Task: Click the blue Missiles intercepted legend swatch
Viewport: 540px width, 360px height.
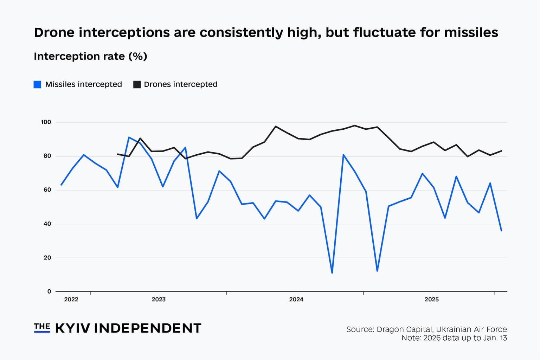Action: pyautogui.click(x=37, y=84)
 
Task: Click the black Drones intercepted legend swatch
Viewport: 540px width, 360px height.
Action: pyautogui.click(x=137, y=84)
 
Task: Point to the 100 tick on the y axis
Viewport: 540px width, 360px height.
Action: pyautogui.click(x=46, y=122)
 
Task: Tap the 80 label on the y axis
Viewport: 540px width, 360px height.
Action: pyautogui.click(x=47, y=156)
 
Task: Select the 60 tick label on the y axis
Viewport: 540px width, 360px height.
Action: pyautogui.click(x=47, y=190)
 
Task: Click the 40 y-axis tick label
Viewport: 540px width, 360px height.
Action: pyautogui.click(x=47, y=224)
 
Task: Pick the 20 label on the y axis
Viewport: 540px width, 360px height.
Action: pyautogui.click(x=47, y=258)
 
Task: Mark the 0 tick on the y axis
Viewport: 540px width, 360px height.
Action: pyautogui.click(x=49, y=291)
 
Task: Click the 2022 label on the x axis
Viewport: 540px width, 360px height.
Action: pyautogui.click(x=71, y=300)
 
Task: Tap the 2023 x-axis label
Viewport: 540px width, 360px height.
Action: pyautogui.click(x=159, y=300)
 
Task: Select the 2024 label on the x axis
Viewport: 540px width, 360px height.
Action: pyautogui.click(x=296, y=300)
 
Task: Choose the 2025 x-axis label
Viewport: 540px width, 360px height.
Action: pyautogui.click(x=431, y=300)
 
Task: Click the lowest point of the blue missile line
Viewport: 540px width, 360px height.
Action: pyautogui.click(x=332, y=273)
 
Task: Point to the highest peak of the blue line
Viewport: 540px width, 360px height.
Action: pyautogui.click(x=129, y=137)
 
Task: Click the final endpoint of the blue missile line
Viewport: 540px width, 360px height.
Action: pyautogui.click(x=501, y=231)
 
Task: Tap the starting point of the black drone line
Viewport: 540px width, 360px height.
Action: pyautogui.click(x=117, y=154)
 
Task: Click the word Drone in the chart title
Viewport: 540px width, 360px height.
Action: pyautogui.click(x=54, y=33)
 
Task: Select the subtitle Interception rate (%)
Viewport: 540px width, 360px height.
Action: pyautogui.click(x=90, y=57)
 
